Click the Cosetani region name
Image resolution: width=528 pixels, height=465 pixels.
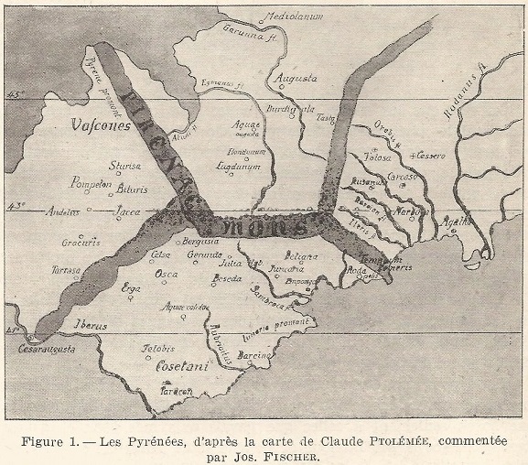click(182, 365)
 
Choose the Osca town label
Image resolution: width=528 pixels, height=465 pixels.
click(166, 274)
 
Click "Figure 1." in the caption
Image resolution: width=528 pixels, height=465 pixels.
click(56, 440)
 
